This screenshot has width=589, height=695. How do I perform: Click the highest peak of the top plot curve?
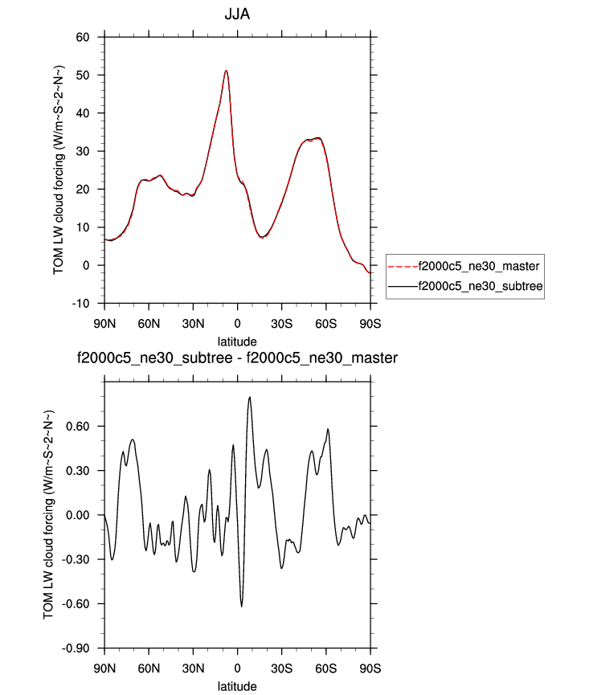click(x=227, y=71)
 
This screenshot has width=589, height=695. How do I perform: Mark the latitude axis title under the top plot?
click(x=237, y=341)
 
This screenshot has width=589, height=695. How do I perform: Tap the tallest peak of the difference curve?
click(x=250, y=397)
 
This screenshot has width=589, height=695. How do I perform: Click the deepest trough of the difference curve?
click(x=241, y=606)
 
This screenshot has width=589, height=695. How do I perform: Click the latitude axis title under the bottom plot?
click(x=237, y=685)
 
